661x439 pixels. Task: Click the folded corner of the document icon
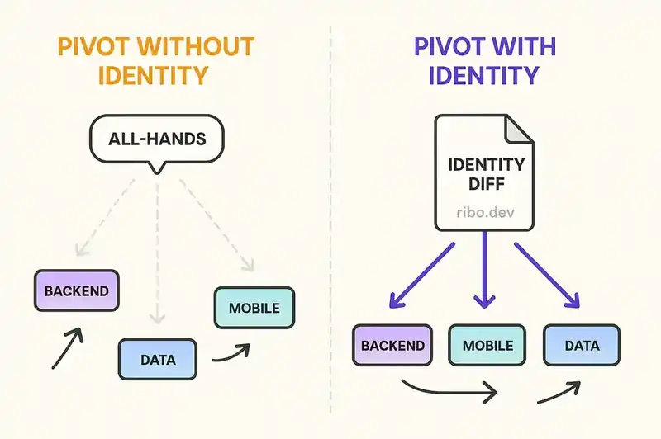pos(518,129)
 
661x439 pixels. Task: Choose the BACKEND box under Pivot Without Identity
pos(77,291)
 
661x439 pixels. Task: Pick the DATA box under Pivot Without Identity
pos(157,360)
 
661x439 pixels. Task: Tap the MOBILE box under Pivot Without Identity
pos(254,309)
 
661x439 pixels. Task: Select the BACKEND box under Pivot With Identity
pos(393,345)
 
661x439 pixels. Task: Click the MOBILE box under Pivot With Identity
pos(487,345)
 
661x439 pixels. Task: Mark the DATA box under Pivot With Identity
pos(582,345)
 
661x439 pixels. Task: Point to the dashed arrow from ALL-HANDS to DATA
pos(157,256)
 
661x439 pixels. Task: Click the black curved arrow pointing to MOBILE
pos(231,354)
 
